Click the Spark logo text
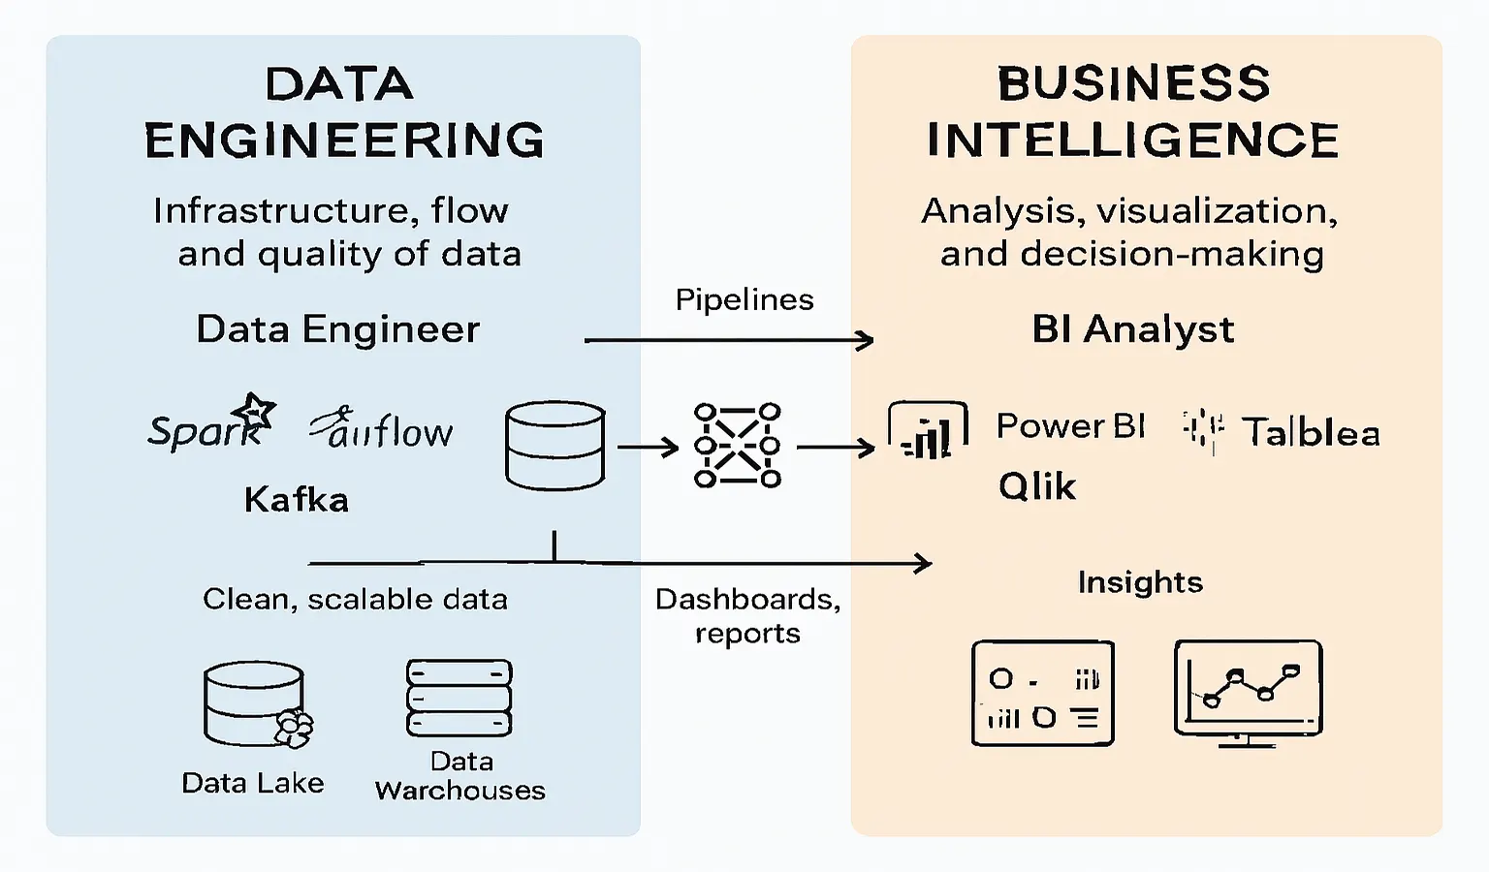point(202,430)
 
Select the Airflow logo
point(382,429)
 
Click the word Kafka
point(296,500)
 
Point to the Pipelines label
point(744,299)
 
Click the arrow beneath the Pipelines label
point(729,340)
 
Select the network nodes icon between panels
point(738,446)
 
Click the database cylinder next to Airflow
point(554,446)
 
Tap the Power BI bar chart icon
point(928,431)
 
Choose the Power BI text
point(1070,426)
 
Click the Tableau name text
point(1311,432)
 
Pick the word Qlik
point(1036,485)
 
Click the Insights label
point(1140,582)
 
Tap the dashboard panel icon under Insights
point(1042,693)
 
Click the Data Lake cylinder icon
point(255,704)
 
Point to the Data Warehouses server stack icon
point(459,699)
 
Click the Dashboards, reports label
point(747,615)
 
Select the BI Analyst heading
point(1132,329)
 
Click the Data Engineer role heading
point(337,329)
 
